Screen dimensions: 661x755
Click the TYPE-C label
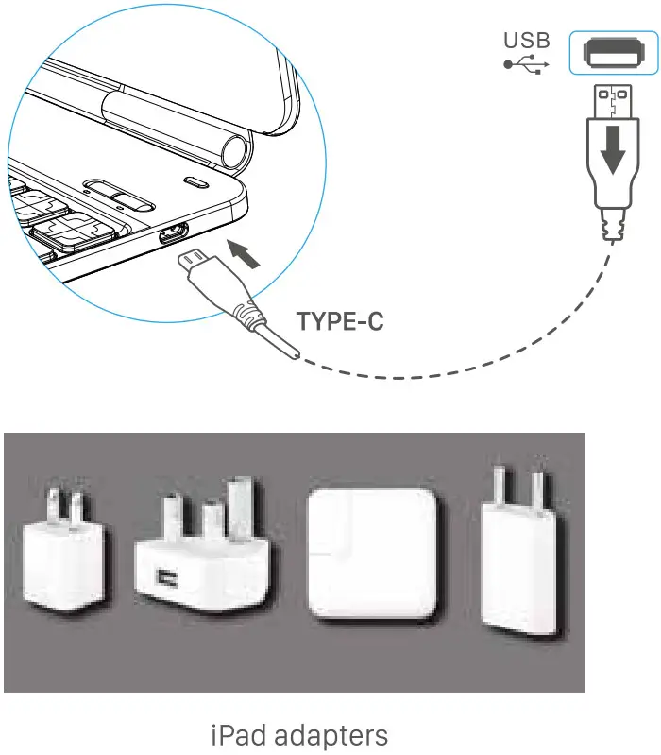(340, 321)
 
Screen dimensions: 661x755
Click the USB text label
(527, 41)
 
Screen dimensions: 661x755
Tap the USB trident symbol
(526, 64)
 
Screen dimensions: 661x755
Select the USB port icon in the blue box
(614, 53)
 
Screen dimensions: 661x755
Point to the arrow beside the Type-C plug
(244, 254)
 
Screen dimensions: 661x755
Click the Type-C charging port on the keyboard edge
(174, 233)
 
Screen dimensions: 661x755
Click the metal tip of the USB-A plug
(613, 100)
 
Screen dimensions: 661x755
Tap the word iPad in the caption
(239, 735)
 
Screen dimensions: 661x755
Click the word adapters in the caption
(333, 736)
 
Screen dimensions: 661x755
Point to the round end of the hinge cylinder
(237, 150)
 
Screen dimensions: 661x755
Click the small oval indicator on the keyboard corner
(195, 182)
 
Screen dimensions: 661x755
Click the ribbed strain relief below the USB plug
(613, 224)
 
